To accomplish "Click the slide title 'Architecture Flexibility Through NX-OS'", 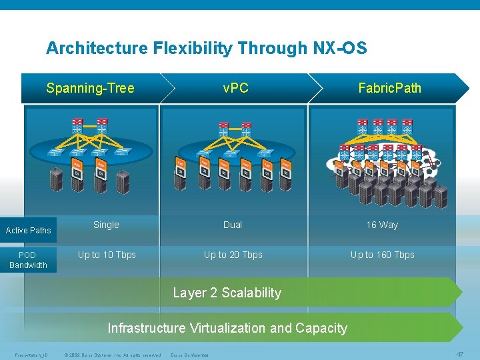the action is pyautogui.click(x=206, y=48).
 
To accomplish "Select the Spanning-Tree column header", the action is pyautogui.click(x=90, y=88).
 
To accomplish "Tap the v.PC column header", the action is pyautogui.click(x=235, y=88).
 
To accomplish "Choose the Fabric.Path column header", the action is pyautogui.click(x=389, y=88).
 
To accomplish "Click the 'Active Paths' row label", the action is pyautogui.click(x=28, y=231).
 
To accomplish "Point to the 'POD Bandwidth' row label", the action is pyautogui.click(x=28, y=260).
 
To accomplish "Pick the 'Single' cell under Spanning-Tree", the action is pyautogui.click(x=106, y=225).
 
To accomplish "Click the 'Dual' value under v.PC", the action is pyautogui.click(x=233, y=225).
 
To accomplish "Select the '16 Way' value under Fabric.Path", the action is pyautogui.click(x=382, y=225).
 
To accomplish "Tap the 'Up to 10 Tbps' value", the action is pyautogui.click(x=107, y=255).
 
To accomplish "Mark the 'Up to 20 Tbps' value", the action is pyautogui.click(x=233, y=255).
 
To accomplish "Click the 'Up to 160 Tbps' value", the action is pyautogui.click(x=382, y=255).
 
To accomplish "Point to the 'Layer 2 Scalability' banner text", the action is pyautogui.click(x=227, y=293).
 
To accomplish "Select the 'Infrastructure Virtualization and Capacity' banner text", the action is pyautogui.click(x=227, y=328).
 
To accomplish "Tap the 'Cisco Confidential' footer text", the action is pyautogui.click(x=190, y=355).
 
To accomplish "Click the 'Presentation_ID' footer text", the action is pyautogui.click(x=29, y=355).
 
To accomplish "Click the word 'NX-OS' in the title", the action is pyautogui.click(x=339, y=48).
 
